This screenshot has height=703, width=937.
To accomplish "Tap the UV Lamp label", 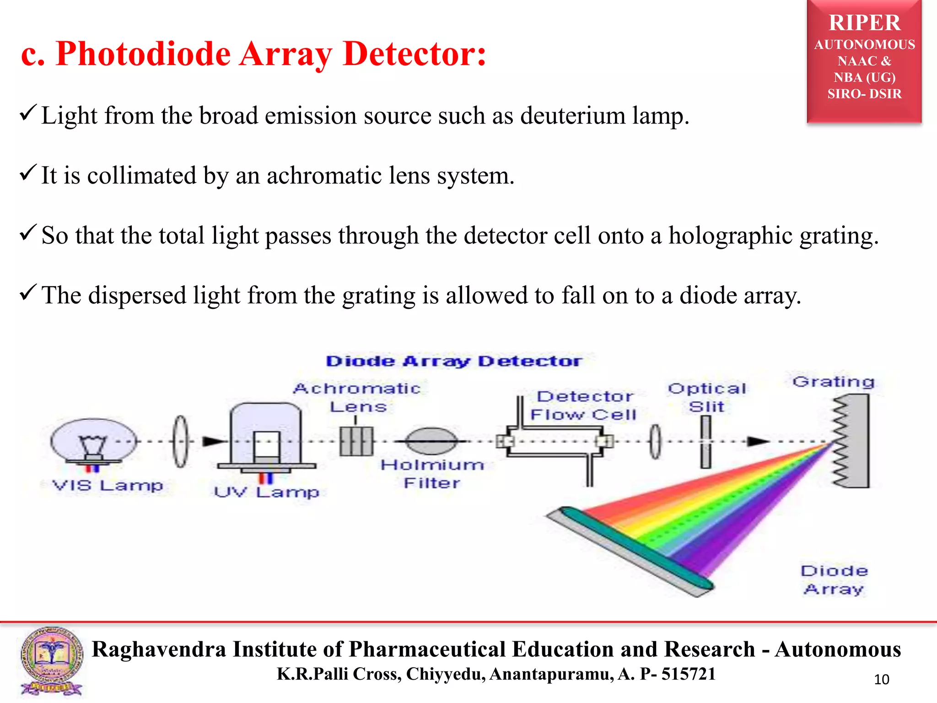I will coord(267,492).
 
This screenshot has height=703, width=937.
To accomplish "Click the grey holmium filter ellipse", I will coord(431,441).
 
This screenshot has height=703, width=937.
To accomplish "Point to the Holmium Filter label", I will coord(432,474).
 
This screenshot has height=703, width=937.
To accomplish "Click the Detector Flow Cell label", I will coord(584,406).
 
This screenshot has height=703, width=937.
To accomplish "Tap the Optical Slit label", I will coord(707,397).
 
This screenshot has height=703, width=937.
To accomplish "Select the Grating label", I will coord(834,382).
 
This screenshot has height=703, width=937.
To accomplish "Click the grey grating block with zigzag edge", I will coord(855,441).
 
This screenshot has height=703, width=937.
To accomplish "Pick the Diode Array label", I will coord(834,579).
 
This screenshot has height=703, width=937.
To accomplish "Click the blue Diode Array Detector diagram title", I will coord(454,361).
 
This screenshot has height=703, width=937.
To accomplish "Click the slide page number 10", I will coord(881,680).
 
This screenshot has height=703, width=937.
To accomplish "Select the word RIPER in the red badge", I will coord(864,23).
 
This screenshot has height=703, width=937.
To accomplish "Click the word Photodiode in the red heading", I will coord(143,54).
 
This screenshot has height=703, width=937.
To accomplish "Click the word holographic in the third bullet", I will coord(730,236).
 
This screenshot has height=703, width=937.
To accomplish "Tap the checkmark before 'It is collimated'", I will coord(27,173).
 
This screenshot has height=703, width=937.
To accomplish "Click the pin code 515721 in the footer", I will coord(689,674).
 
